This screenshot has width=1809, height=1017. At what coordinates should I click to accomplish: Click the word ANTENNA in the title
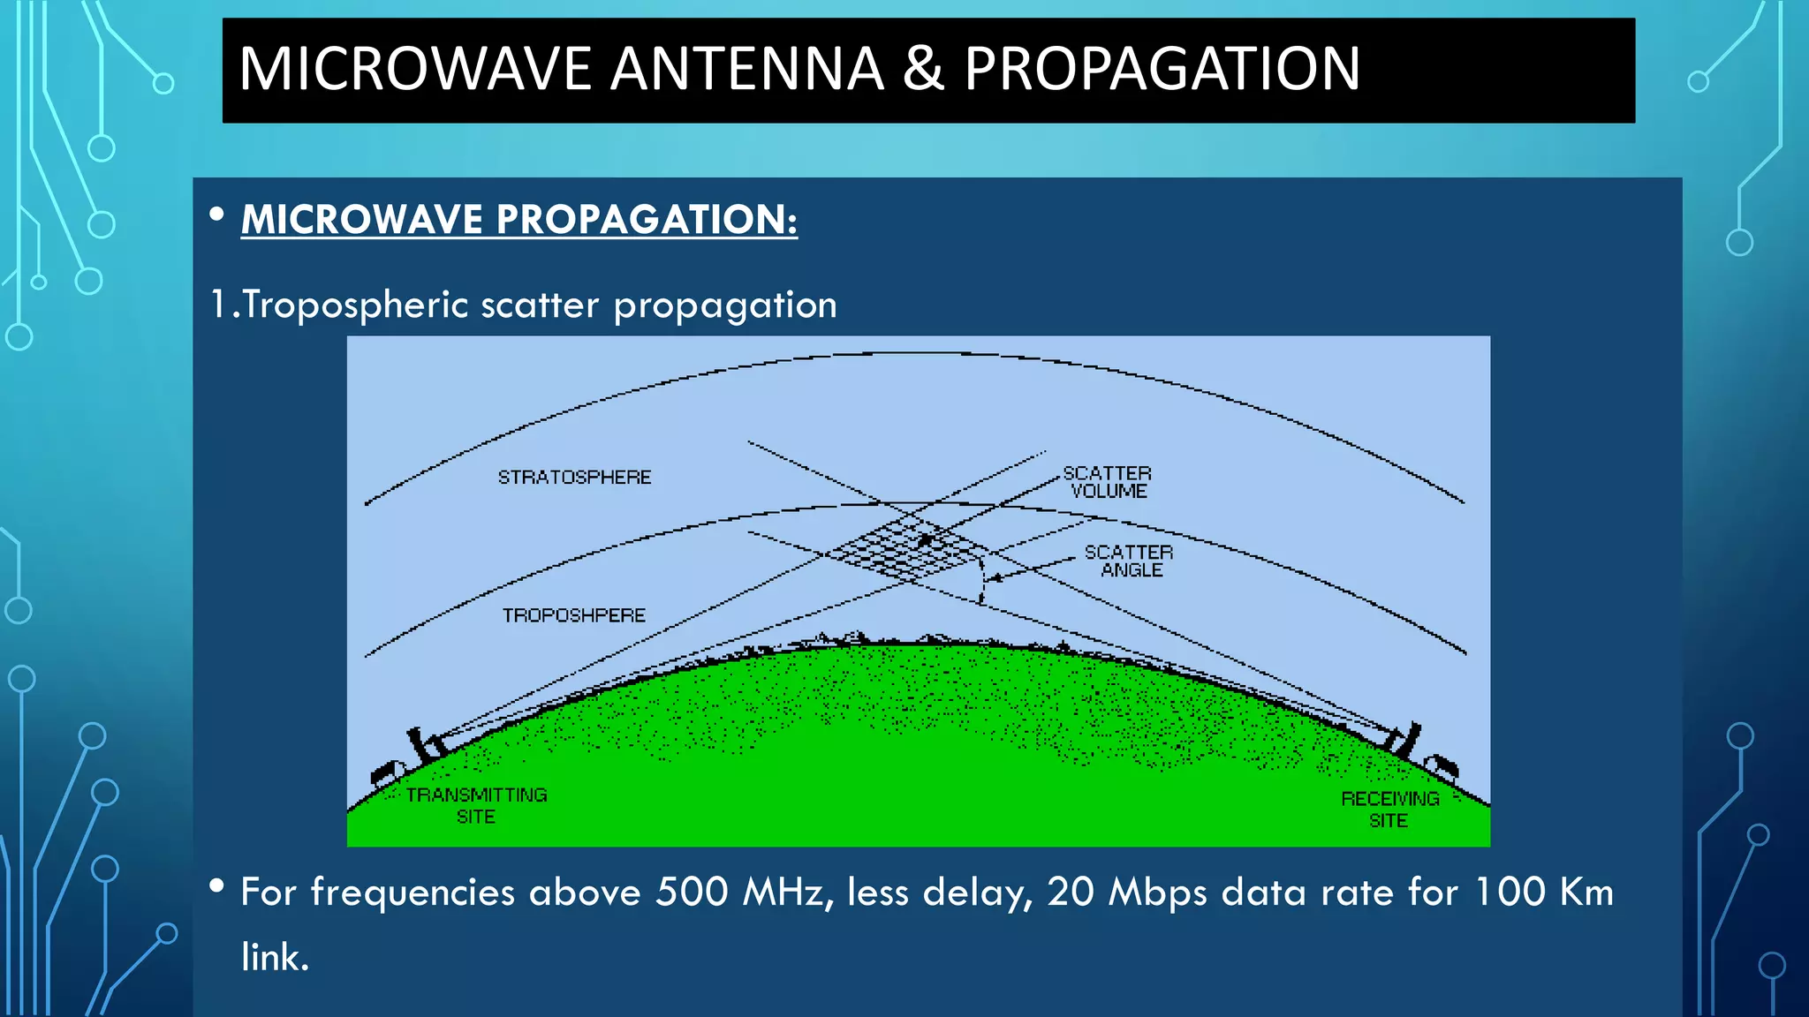pos(746,69)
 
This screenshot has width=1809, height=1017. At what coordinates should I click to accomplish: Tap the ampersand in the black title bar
pos(923,69)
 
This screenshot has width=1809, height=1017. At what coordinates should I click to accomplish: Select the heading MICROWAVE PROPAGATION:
pos(518,219)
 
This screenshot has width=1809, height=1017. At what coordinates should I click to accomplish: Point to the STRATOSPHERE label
pos(574,478)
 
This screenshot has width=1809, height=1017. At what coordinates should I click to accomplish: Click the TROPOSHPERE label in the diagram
pos(574,615)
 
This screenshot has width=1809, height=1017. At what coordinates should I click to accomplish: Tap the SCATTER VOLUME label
pos(1108,482)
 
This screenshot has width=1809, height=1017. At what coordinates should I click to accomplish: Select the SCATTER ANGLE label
pos(1129,561)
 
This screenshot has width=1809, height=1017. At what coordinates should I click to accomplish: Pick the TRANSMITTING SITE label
pos(476,805)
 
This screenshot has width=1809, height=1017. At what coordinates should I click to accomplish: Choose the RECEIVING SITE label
pos(1389,810)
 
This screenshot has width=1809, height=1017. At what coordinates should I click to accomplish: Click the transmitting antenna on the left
pos(421,746)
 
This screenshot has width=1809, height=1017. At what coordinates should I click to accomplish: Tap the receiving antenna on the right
pos(1406,740)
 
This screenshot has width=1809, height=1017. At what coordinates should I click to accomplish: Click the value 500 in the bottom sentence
pos(692,892)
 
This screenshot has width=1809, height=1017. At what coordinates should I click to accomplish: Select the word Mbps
pos(1157,892)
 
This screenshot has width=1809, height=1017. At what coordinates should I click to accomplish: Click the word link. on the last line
pos(275,957)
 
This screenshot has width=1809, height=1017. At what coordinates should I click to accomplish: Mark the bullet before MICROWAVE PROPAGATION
pos(217,215)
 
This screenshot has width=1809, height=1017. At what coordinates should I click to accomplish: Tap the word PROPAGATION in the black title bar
pos(1162,69)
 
